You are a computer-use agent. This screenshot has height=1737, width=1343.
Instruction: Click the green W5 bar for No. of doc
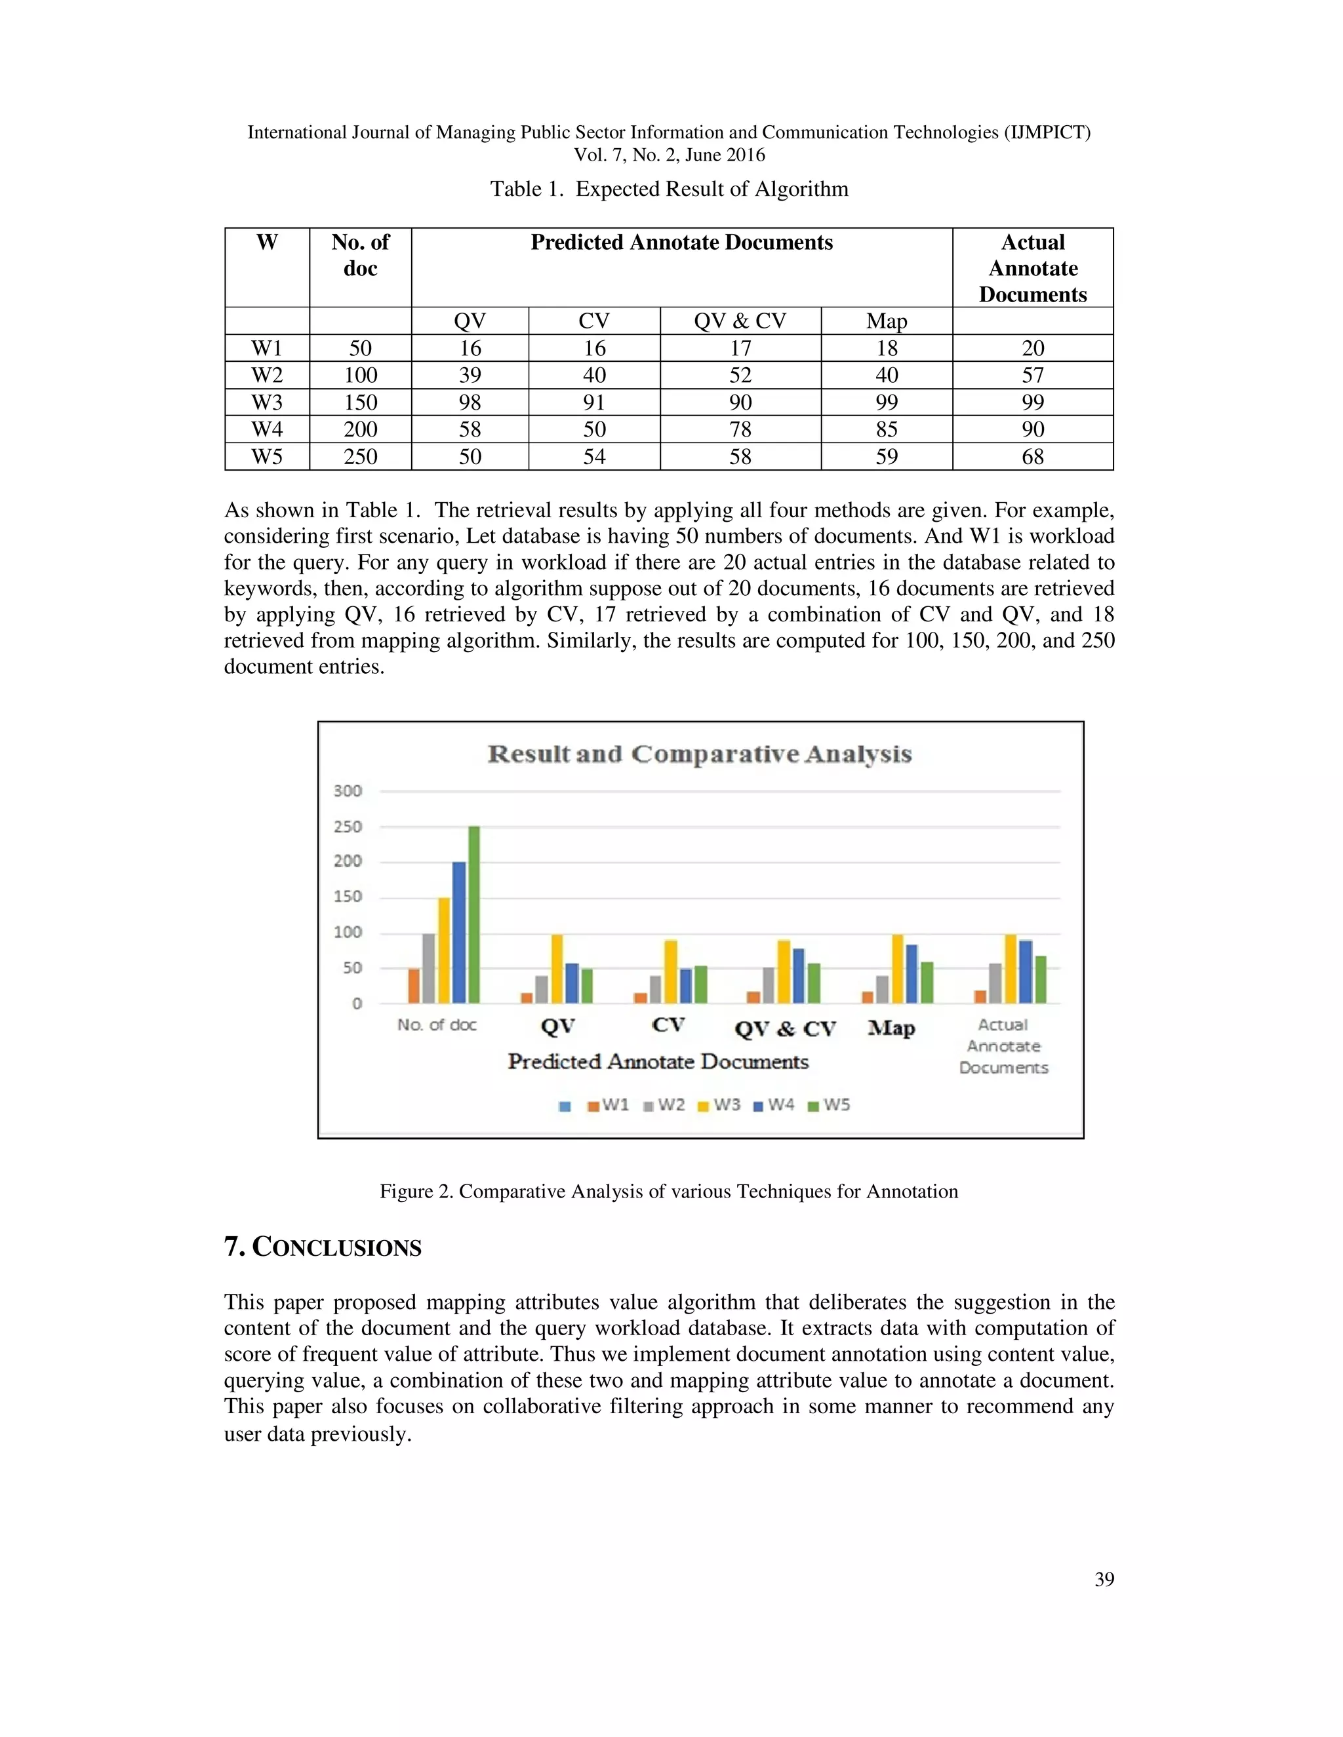[x=473, y=914]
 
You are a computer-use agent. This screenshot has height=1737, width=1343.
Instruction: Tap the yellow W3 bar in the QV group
[x=557, y=969]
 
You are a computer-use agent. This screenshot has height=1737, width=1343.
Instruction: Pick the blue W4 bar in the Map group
[x=911, y=973]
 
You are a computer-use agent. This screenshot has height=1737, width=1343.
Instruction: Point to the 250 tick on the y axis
[x=348, y=827]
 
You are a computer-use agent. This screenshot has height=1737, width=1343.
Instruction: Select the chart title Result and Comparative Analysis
[x=699, y=754]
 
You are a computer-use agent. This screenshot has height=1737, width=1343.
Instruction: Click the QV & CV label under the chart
[x=784, y=1028]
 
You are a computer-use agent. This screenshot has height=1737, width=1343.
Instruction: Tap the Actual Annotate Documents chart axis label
[x=1003, y=1046]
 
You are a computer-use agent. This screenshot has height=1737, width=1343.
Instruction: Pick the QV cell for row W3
[x=470, y=402]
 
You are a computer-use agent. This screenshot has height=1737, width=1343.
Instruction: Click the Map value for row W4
[x=887, y=429]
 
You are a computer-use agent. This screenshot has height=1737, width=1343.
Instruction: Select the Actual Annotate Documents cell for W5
[x=1032, y=456]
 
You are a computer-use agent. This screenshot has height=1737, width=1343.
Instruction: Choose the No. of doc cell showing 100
[x=361, y=376]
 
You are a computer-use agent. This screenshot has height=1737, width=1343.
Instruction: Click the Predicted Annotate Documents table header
[x=681, y=243]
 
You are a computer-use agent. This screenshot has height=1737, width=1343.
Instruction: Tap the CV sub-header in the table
[x=593, y=321]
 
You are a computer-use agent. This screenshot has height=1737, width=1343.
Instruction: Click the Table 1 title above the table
[x=668, y=189]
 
